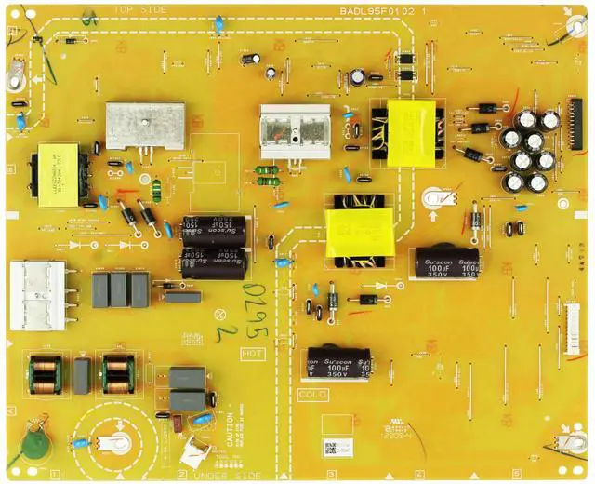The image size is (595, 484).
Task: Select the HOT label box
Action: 253,354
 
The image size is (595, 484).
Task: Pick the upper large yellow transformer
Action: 409,130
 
